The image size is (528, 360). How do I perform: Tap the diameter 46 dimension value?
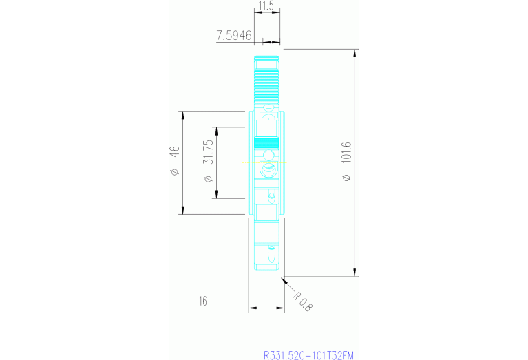pos(175,151)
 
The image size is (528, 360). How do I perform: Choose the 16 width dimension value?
pos(203,301)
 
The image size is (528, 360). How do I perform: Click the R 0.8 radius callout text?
pos(302,302)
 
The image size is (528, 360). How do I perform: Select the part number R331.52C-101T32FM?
pos(308,355)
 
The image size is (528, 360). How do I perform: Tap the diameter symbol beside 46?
pos(175,171)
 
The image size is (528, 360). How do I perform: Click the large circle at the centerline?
pos(266,169)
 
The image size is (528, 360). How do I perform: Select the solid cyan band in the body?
pos(266,144)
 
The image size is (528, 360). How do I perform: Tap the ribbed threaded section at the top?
pos(266,83)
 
